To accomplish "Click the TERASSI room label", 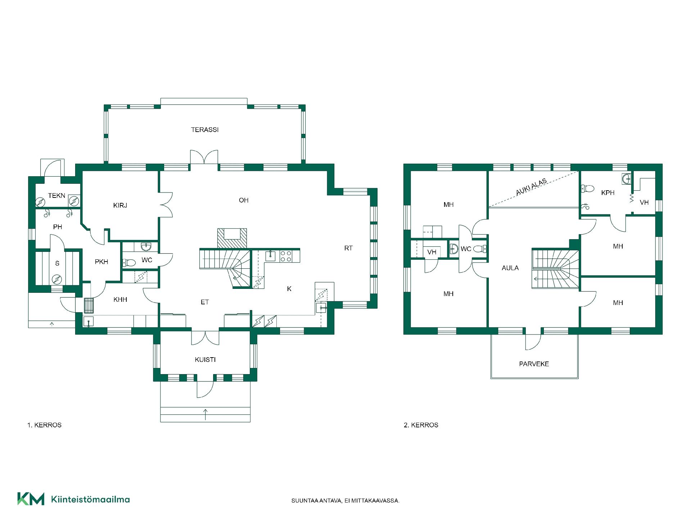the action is (x=205, y=130).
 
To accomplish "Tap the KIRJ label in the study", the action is (x=120, y=206).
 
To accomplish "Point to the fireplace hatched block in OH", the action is (x=232, y=238).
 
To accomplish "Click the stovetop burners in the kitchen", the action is (x=286, y=256).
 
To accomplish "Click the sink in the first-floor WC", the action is (x=146, y=247).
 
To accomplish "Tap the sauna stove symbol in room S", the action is (x=57, y=279).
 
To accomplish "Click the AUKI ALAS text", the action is (x=531, y=187).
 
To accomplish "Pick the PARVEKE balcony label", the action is (x=534, y=364).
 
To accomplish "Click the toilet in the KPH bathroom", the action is (x=587, y=188).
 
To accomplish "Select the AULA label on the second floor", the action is (x=510, y=268).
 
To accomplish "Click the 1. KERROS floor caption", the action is (x=44, y=425).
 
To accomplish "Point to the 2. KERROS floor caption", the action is (x=421, y=425).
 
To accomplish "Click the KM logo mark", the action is (x=31, y=499).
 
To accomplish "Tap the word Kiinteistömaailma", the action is (x=90, y=499).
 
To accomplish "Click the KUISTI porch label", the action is (x=205, y=360).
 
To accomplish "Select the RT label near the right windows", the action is (x=348, y=248).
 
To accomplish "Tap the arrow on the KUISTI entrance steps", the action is (x=206, y=414).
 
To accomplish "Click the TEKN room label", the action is (x=57, y=196).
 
